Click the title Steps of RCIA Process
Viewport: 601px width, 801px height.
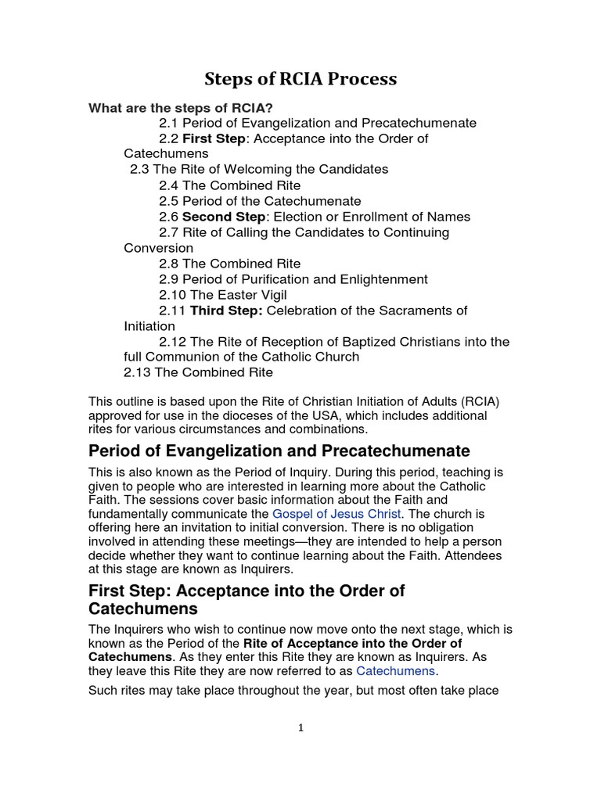300,79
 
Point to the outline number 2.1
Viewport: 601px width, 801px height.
169,124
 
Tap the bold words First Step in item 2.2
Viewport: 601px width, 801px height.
214,139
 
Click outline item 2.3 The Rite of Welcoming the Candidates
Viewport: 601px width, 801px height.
259,170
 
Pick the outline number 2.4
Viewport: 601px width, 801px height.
169,185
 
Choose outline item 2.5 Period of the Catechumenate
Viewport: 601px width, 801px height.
260,201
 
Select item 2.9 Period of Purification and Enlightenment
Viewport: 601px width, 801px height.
293,279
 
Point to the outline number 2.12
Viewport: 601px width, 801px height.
172,342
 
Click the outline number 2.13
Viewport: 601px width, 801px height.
137,372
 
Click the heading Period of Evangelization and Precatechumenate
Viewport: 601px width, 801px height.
279,451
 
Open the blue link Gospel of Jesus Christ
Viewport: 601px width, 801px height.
336,514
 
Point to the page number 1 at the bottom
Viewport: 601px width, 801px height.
300,728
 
